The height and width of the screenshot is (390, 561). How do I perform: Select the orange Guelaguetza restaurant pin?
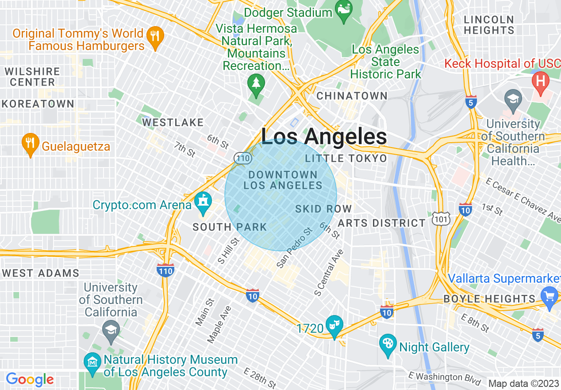point(30,143)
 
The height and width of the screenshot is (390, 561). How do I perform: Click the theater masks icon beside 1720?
point(334,325)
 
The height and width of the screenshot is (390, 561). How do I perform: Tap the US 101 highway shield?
point(444,218)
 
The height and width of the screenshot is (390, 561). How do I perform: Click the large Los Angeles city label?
point(324,136)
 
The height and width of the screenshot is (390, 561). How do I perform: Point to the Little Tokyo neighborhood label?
point(346,159)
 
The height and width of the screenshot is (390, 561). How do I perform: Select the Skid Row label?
point(323,209)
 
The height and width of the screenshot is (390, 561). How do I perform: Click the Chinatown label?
point(352,96)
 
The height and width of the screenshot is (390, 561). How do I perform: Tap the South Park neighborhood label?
point(230,227)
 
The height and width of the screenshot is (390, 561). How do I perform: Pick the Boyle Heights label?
point(489,299)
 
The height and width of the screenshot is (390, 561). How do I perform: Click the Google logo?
point(30,379)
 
